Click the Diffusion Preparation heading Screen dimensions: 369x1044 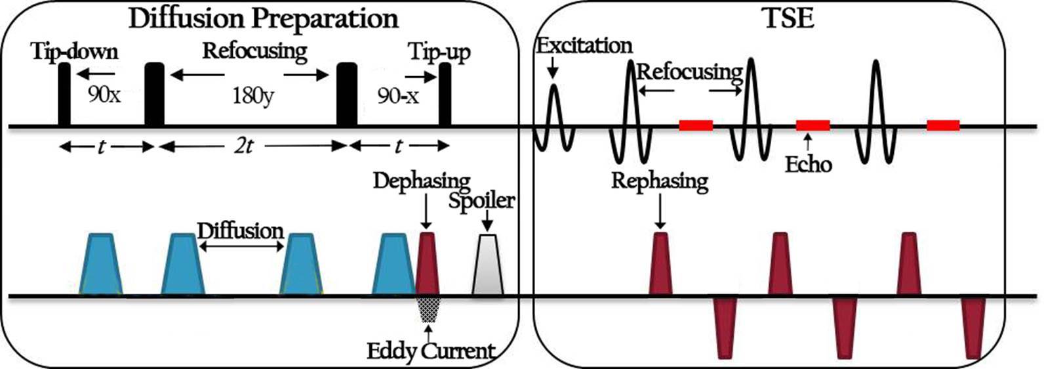click(263, 18)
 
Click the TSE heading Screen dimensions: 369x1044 click(789, 18)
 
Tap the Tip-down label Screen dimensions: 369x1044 click(74, 52)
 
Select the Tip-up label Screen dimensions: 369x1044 click(439, 52)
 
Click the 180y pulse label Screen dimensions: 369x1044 click(252, 97)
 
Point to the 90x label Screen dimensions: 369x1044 click(104, 95)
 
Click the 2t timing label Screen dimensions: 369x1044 click(244, 146)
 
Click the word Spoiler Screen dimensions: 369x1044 click(481, 200)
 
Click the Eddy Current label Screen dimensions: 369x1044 click(430, 351)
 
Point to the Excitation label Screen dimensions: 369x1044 click(584, 45)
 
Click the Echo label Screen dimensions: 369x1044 click(808, 163)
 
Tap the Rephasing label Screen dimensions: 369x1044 click(659, 181)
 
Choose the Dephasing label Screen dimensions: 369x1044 click(422, 181)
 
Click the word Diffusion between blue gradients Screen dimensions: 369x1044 click(240, 230)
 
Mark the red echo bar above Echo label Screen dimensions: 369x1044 click(813, 125)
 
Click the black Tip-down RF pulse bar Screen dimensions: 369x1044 click(64, 94)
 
